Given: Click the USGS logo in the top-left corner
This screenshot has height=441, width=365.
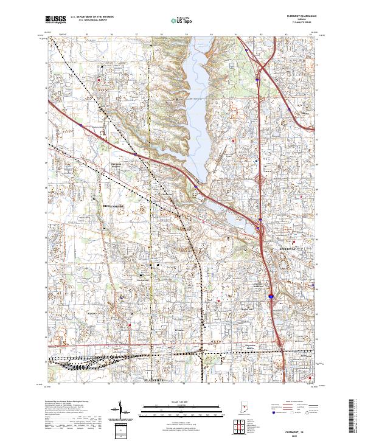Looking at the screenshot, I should (x=56, y=19).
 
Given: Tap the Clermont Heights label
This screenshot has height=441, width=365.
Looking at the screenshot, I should (x=117, y=165).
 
